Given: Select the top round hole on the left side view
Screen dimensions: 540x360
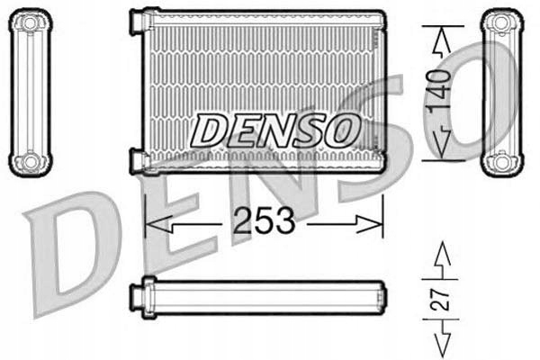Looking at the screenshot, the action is coord(30,22).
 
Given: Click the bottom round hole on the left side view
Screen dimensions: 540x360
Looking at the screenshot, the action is coord(30,163).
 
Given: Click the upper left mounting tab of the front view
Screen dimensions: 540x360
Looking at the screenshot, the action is coord(138,21).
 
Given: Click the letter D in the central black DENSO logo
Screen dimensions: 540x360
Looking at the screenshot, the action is coord(209,131).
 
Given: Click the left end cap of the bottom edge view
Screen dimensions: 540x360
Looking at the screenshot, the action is coord(138,294).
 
